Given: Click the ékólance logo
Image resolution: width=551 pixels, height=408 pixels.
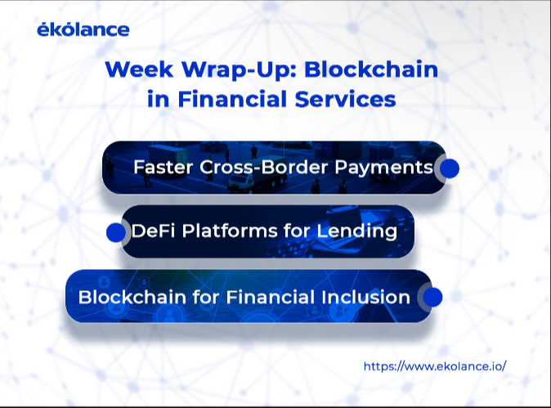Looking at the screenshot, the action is [83, 29].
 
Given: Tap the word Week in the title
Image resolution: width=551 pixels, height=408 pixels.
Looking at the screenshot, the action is [139, 69].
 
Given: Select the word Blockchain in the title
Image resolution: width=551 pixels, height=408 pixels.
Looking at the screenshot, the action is [371, 69].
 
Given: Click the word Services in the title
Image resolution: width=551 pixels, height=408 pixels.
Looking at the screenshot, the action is [346, 99].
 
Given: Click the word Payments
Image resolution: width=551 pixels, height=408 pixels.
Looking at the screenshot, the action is [383, 168].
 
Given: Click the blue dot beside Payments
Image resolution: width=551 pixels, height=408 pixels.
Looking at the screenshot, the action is [449, 168].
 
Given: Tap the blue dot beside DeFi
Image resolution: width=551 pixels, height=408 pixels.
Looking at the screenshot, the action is [116, 232].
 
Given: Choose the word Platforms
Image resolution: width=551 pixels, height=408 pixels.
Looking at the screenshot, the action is [230, 231].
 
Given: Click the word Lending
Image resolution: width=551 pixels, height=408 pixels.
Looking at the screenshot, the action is [356, 232].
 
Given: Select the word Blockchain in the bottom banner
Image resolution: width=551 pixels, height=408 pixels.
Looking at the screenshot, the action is [132, 297].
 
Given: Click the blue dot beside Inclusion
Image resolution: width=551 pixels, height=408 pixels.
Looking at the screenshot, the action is [432, 298].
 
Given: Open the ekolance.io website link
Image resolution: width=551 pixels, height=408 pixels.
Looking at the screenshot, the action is [435, 366].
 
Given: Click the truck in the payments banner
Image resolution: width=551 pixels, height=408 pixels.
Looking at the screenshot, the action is [258, 174].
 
